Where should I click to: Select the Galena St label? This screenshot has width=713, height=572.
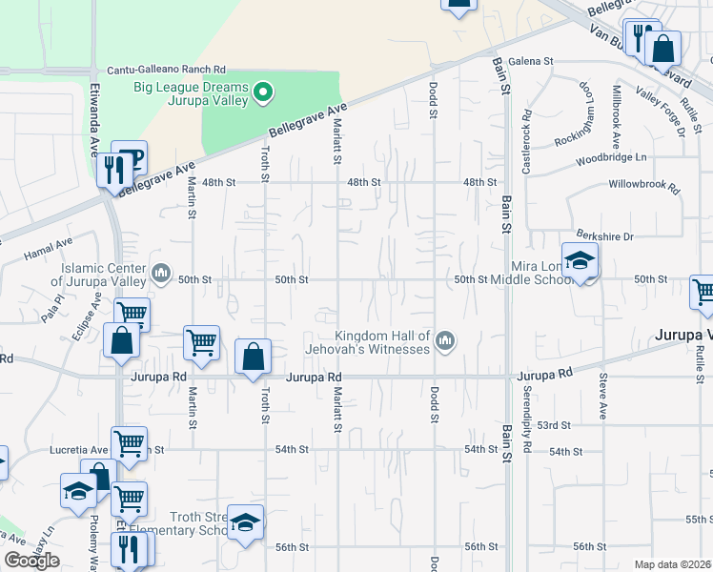coord(531,61)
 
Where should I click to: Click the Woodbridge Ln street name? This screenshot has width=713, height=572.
coord(624,157)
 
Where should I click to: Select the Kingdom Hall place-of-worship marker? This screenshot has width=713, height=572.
coord(445,340)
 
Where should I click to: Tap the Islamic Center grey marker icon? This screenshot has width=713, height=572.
coord(161,276)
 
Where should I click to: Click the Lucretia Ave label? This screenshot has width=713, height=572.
coord(79,449)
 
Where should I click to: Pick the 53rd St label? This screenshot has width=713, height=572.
coord(553,425)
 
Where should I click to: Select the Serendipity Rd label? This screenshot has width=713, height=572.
coord(525,418)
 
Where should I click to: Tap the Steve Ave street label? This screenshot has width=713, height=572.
coord(602,397)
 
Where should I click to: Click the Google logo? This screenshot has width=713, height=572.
coord(31,561)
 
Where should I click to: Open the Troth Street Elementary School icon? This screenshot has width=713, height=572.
coord(245,522)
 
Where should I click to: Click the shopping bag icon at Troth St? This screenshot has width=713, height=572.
coord(254,357)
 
